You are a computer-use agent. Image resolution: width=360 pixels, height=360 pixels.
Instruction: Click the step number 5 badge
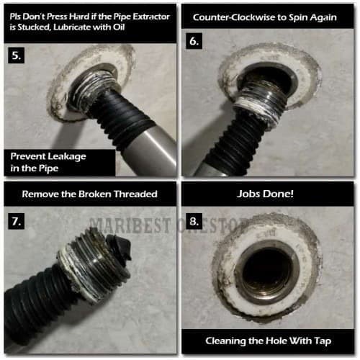click(17, 55)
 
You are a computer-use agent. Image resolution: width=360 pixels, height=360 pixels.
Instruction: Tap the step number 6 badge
click(194, 41)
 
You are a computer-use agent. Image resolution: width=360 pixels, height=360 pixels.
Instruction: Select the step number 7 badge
click(17, 221)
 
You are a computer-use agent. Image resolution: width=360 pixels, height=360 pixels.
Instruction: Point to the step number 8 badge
click(194, 221)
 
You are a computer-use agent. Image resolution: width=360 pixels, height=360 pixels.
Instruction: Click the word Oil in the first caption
click(119, 27)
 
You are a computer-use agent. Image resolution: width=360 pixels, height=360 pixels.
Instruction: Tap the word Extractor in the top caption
click(151, 17)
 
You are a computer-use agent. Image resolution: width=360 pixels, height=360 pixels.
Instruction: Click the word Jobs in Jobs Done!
click(247, 194)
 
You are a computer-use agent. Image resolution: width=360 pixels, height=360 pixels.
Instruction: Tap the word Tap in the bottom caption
click(323, 341)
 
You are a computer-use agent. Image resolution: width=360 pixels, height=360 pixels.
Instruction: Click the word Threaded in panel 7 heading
click(135, 194)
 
